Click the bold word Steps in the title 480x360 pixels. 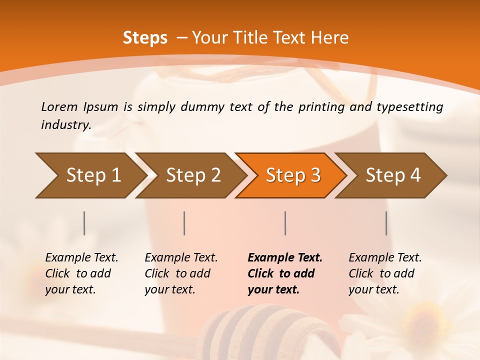(x=145, y=38)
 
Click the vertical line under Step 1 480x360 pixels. (x=84, y=223)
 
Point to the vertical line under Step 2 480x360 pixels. (x=184, y=223)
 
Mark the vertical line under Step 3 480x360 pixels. (x=285, y=223)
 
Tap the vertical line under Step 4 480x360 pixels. (x=386, y=223)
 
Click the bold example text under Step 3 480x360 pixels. (x=284, y=273)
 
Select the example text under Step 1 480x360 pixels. (x=81, y=273)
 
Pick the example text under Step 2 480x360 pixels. (x=181, y=273)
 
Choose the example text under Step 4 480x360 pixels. (x=385, y=273)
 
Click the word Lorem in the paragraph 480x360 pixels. (x=59, y=107)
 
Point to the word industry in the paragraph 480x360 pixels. (x=65, y=125)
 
